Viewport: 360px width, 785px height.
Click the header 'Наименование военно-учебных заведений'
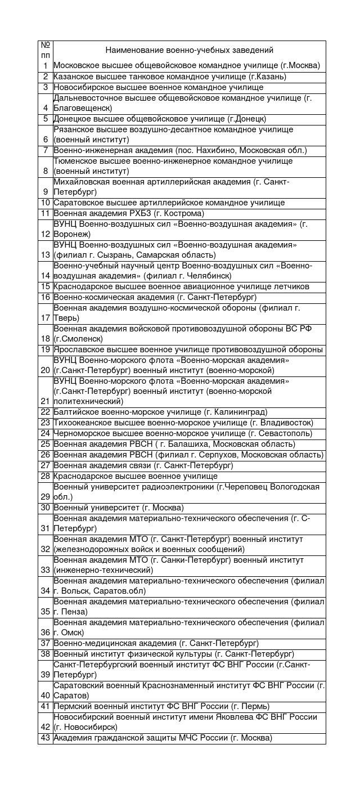click(189, 50)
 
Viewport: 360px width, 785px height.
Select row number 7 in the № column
click(46, 150)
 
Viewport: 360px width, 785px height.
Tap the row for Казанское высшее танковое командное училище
click(170, 77)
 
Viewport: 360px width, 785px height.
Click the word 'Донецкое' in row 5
click(70, 119)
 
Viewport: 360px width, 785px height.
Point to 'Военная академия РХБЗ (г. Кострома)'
click(129, 213)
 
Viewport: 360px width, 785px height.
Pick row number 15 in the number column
click(46, 286)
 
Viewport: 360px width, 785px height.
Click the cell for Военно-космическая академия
click(155, 297)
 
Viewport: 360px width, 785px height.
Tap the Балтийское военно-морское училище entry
click(160, 412)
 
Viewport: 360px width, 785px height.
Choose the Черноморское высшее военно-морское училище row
click(183, 433)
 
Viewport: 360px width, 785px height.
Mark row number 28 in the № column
click(46, 476)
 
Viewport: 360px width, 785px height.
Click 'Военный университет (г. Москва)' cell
click(119, 508)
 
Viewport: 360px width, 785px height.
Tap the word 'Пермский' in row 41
click(70, 706)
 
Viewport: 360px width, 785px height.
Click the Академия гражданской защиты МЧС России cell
click(163, 738)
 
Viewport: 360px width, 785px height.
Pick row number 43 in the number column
click(46, 738)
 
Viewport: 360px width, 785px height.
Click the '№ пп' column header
click(46, 50)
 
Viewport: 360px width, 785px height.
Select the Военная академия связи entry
click(143, 465)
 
